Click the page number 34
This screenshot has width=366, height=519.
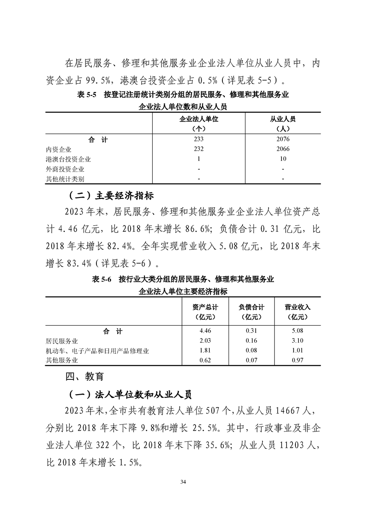tap(183, 482)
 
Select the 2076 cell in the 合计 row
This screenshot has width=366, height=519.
tap(282, 139)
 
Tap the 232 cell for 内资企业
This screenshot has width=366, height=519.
tap(198, 149)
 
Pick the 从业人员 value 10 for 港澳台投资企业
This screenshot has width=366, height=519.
tap(282, 159)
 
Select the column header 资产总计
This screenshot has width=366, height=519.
tap(205, 307)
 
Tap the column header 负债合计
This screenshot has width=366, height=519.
tap(252, 307)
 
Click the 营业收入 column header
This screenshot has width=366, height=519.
tap(298, 307)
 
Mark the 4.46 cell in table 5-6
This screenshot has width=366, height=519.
tap(205, 331)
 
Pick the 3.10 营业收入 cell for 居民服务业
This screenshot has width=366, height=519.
tap(298, 341)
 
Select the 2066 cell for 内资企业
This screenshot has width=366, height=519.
tap(282, 149)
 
